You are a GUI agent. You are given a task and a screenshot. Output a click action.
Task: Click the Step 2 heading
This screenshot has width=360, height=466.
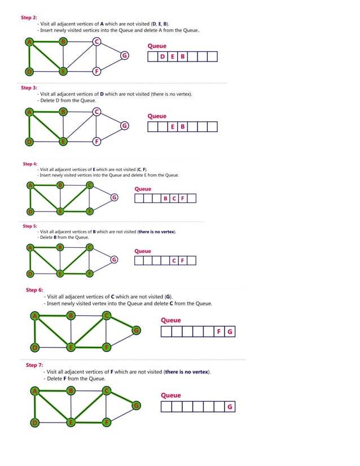pyautogui.click(x=29, y=17)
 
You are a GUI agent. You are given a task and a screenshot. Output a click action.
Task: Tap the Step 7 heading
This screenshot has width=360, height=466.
pyautogui.click(x=34, y=365)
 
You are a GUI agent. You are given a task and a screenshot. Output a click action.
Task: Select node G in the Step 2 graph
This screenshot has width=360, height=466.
pyautogui.click(x=124, y=55)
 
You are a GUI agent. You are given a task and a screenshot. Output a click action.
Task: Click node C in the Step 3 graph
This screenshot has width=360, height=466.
pyautogui.click(x=97, y=112)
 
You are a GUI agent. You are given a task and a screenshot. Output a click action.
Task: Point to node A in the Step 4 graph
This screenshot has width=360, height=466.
pyautogui.click(x=31, y=185)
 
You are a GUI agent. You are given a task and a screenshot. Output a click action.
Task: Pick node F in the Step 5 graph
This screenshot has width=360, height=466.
pyautogui.click(x=90, y=274)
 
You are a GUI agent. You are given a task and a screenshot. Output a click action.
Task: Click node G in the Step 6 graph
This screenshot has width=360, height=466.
pyautogui.click(x=136, y=330)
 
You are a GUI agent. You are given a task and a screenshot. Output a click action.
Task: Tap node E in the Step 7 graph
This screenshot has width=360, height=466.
pyautogui.click(x=71, y=422)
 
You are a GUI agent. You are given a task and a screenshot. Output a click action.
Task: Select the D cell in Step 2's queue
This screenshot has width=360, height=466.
pyautogui.click(x=163, y=56)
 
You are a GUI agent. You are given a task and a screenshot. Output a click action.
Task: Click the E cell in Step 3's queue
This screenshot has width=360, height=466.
pyautogui.click(x=173, y=126)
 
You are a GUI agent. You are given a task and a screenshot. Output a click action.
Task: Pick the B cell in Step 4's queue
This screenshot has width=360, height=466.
pyautogui.click(x=165, y=198)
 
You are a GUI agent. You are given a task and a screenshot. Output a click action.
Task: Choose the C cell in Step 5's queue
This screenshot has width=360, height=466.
pyautogui.click(x=174, y=260)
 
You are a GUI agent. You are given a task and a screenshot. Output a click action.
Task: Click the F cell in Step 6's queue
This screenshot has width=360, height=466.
pyautogui.click(x=219, y=332)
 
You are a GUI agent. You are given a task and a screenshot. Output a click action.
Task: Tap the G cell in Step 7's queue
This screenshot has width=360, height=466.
pyautogui.click(x=229, y=407)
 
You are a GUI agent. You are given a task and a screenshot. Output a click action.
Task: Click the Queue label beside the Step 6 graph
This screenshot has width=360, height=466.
pyautogui.click(x=171, y=320)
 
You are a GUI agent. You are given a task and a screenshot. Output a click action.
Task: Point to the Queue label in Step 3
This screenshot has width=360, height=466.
pyautogui.click(x=157, y=116)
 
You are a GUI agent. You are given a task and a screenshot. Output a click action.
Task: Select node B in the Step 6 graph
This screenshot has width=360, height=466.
pyautogui.click(x=71, y=315)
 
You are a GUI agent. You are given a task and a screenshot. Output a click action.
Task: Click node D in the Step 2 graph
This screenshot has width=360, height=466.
pyautogui.click(x=29, y=71)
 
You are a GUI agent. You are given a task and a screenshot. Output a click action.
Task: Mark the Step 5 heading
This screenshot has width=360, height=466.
pyautogui.click(x=30, y=226)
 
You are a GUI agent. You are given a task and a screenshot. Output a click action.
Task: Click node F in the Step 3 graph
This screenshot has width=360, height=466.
pyautogui.click(x=97, y=141)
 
